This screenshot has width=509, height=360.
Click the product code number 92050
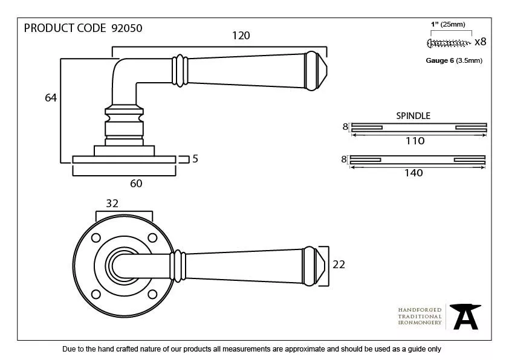click(127, 28)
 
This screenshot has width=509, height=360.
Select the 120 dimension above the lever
click(241, 36)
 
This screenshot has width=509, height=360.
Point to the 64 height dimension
click(51, 97)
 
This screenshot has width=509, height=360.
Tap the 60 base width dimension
click(136, 183)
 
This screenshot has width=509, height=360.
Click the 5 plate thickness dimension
click(195, 159)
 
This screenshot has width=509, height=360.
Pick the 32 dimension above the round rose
click(112, 204)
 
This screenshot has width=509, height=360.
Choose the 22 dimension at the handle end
click(338, 264)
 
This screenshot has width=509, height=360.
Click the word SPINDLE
click(413, 115)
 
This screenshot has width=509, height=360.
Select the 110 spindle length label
click(415, 141)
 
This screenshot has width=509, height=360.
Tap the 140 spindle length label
click(413, 173)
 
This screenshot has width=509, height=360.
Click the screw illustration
click(449, 42)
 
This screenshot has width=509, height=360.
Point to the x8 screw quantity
click(480, 42)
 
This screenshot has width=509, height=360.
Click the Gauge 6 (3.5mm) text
click(454, 60)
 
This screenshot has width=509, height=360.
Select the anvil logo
click(464, 316)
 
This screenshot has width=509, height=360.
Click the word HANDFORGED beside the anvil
click(420, 310)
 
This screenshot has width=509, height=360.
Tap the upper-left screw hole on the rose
click(96, 237)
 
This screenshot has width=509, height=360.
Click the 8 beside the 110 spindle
click(345, 127)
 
